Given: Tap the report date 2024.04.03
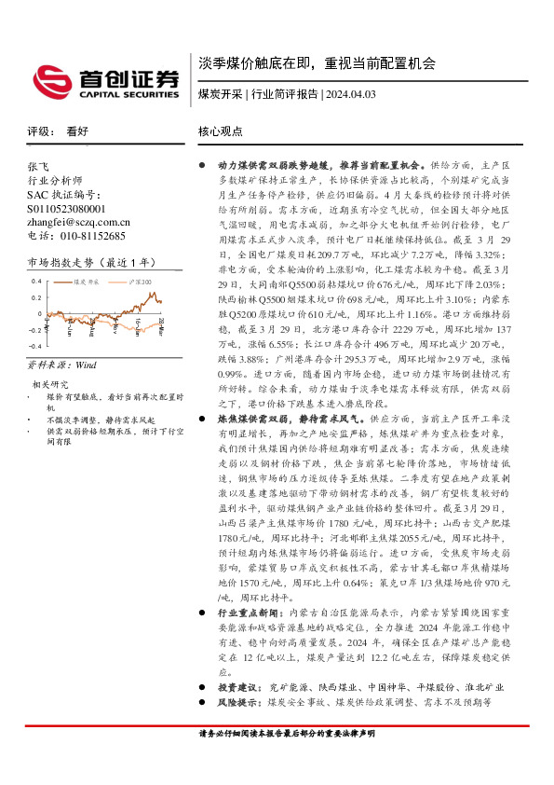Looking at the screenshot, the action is (x=350, y=95).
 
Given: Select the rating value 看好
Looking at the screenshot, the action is (x=77, y=132).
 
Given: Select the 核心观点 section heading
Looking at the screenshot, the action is (x=221, y=132).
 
